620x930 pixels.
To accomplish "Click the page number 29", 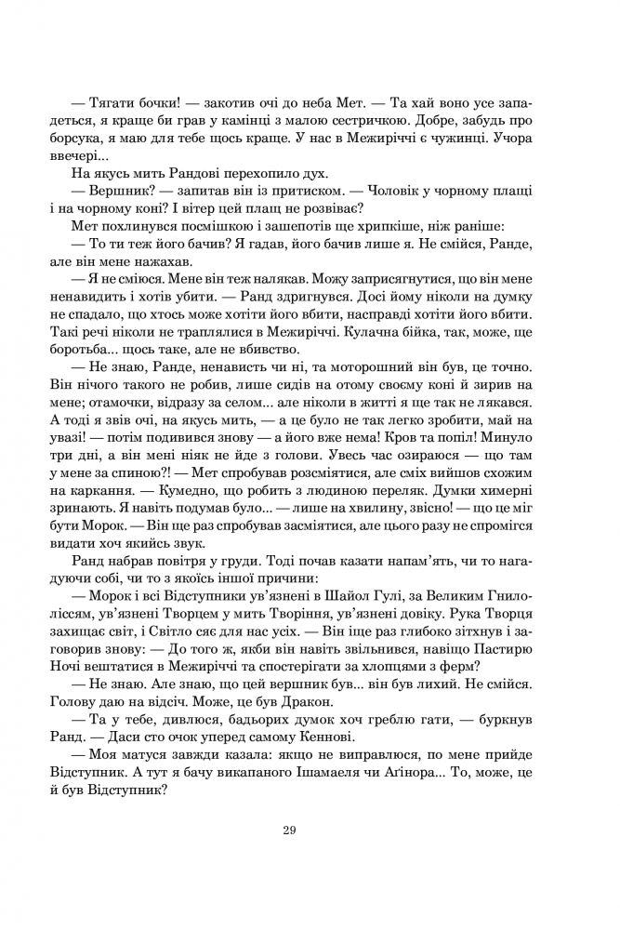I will tap(289, 830).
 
